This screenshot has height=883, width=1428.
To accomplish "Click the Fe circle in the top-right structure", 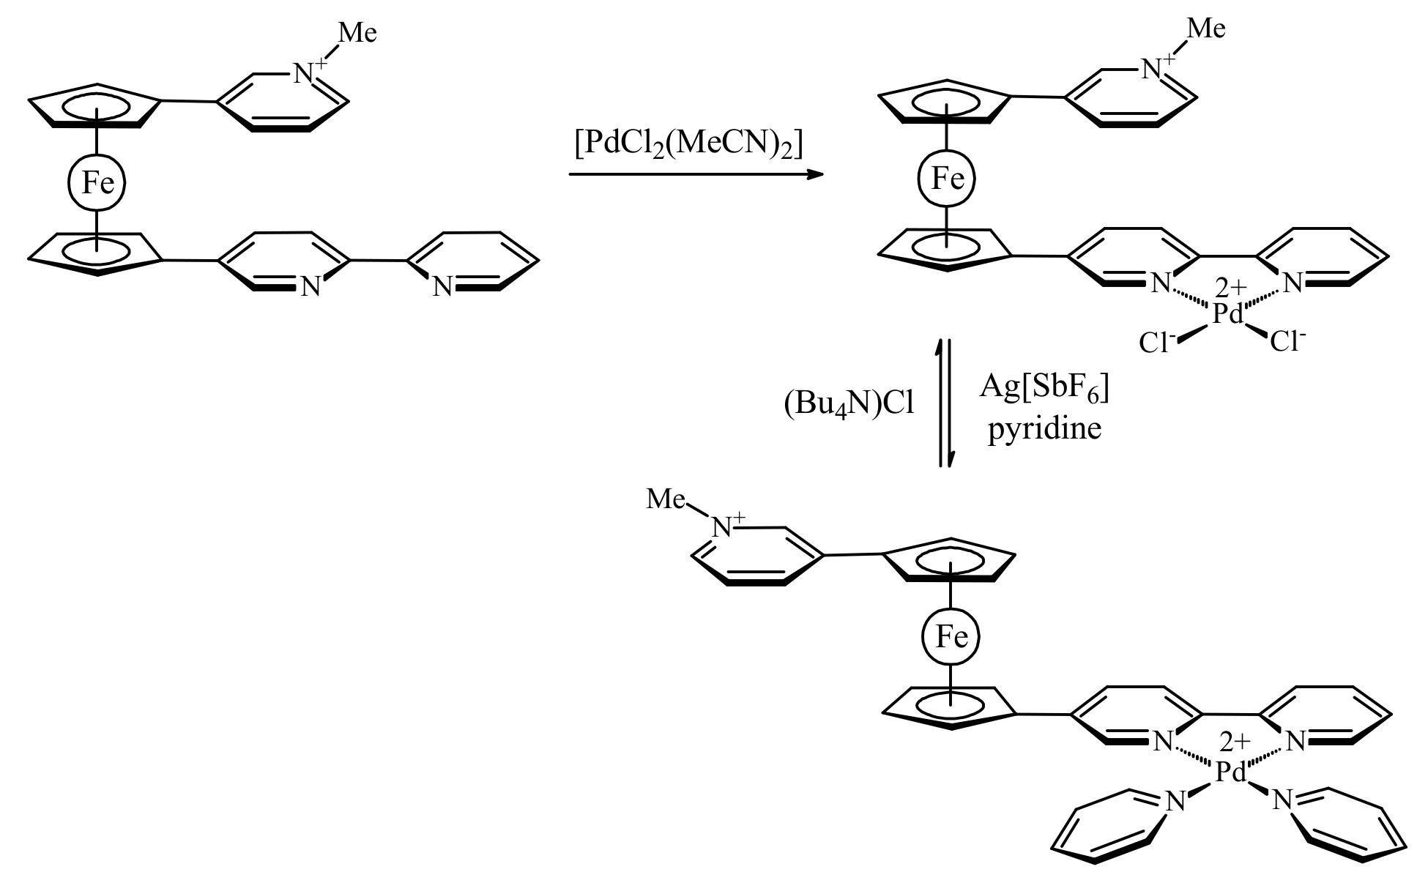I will (x=946, y=179).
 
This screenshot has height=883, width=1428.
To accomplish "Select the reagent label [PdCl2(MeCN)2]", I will (x=689, y=144).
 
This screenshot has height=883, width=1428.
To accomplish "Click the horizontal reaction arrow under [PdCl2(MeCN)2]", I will (x=696, y=174).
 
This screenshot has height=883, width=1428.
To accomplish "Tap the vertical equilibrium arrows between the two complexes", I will (x=946, y=403).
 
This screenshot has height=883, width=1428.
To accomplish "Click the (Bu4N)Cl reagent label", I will (x=849, y=403).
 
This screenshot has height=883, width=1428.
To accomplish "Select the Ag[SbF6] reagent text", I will (x=1044, y=390).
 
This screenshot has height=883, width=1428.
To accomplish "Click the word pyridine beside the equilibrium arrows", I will (x=1044, y=428).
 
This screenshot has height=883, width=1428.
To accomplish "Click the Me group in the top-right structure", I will (x=1205, y=29).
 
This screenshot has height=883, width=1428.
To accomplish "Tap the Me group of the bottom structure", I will (x=666, y=499).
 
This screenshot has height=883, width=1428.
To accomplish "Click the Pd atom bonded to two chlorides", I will (x=1227, y=315).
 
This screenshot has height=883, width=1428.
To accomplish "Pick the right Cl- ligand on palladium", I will (x=1288, y=340).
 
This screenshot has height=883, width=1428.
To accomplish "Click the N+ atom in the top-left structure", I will (x=306, y=73).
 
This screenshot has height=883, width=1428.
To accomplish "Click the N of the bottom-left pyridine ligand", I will (x=1175, y=802).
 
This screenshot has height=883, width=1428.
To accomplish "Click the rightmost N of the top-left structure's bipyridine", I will (x=442, y=287).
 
